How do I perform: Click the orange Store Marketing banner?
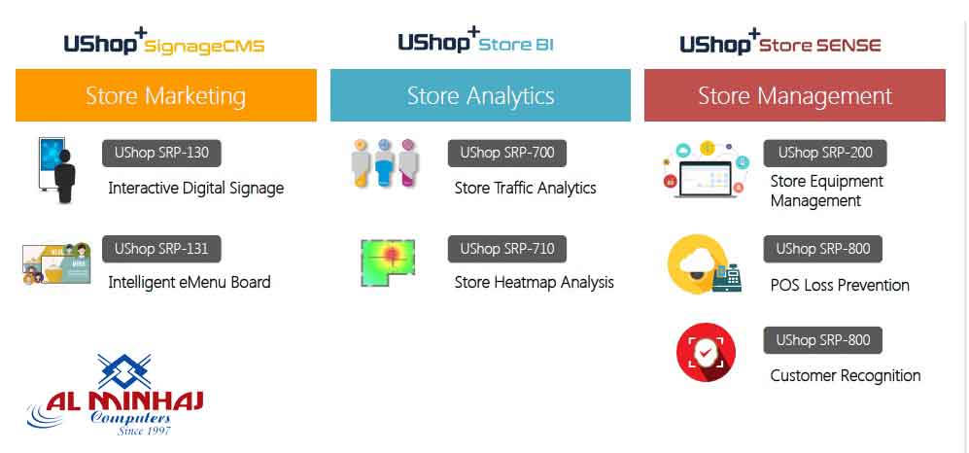165,95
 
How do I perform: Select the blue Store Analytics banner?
480,95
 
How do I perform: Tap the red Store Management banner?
794,95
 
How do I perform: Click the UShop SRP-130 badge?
161,153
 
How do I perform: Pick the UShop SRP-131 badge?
161,249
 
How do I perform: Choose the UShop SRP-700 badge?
506,153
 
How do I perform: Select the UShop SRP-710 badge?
506,249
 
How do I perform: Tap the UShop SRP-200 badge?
824,153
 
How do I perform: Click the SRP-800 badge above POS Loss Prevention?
822,249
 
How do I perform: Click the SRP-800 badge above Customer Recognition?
822,340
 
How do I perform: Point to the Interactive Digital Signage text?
195,188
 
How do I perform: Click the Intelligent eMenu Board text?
189,282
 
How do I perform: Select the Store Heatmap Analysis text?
534,282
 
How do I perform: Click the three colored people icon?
384,164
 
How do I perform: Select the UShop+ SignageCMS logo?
163,44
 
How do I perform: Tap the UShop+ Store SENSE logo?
779,44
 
